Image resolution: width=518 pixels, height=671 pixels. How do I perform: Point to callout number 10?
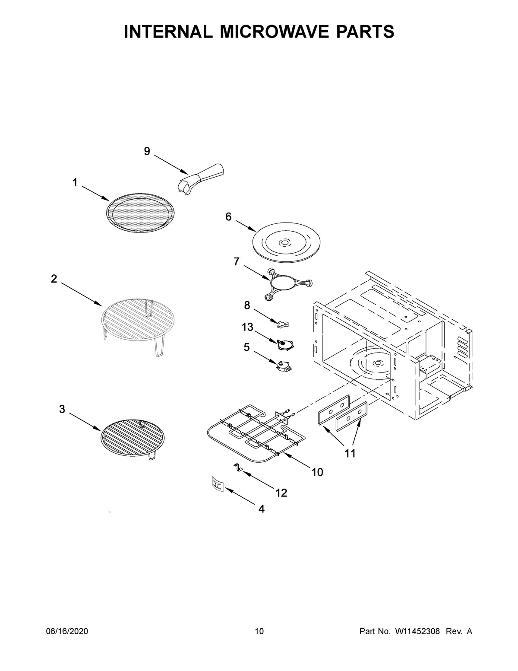[317, 472]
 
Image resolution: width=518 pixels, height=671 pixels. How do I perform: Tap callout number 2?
[54, 279]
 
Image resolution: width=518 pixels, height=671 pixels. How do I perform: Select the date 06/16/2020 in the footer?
[67, 632]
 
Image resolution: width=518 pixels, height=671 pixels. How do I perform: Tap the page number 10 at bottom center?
[259, 632]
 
